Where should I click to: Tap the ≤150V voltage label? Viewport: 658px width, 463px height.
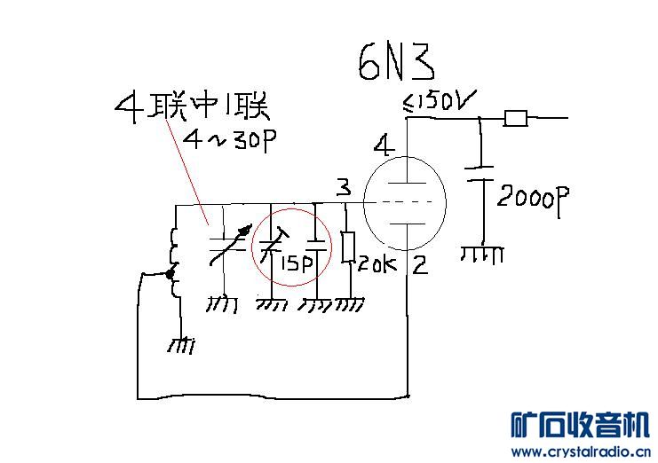coord(440,101)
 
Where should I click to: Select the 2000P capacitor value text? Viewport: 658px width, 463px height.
coord(533,200)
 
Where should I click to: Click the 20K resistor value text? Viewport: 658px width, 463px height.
coord(377,264)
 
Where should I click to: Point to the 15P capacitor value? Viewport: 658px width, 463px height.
coord(297,263)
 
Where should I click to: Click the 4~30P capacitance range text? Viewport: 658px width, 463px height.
coord(230,140)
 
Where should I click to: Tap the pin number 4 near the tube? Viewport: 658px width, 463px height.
coord(384,145)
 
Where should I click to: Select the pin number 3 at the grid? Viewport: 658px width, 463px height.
coord(344,187)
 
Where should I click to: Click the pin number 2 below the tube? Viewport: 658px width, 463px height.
coord(420,265)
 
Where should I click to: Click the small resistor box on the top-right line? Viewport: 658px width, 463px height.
coord(515,118)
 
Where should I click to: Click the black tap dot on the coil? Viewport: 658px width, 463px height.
coord(170,274)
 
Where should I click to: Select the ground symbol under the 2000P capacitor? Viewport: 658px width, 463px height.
coord(482,255)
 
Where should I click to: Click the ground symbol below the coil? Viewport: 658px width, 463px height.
coord(181,345)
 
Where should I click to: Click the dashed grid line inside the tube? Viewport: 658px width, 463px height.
coord(405,202)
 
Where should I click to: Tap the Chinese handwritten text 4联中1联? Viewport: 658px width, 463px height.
coord(192,107)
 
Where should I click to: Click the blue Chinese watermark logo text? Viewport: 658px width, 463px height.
coord(581,425)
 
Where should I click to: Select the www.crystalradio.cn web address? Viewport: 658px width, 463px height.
coord(581,452)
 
